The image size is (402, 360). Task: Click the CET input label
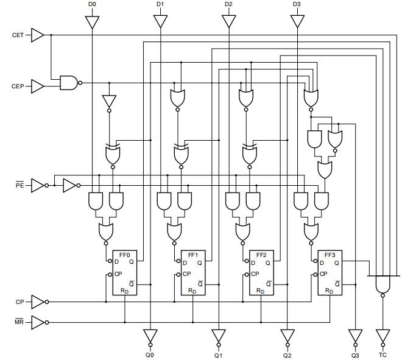[x=18, y=35]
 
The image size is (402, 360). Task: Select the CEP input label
[x=18, y=86]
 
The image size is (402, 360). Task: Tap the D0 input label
[x=92, y=4]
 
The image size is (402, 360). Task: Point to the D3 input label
[x=297, y=4]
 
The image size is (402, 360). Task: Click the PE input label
[x=19, y=184]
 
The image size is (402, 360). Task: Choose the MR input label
[x=19, y=322]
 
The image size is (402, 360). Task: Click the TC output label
[x=383, y=355]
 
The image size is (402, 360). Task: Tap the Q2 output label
[x=287, y=355]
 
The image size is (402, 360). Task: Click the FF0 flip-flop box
[x=125, y=272]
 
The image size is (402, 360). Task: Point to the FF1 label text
[x=193, y=255]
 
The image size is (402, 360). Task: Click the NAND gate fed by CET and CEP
[x=69, y=83]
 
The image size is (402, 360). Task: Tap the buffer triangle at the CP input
[x=38, y=302]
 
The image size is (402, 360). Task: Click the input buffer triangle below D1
[x=160, y=21]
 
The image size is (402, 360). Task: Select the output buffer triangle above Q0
[x=150, y=336]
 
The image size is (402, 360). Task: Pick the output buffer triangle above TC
[x=383, y=336]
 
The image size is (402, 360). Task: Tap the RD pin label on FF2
[x=261, y=291]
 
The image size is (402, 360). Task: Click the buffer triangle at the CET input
[x=38, y=35]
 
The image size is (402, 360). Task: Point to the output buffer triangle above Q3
[x=355, y=336]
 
